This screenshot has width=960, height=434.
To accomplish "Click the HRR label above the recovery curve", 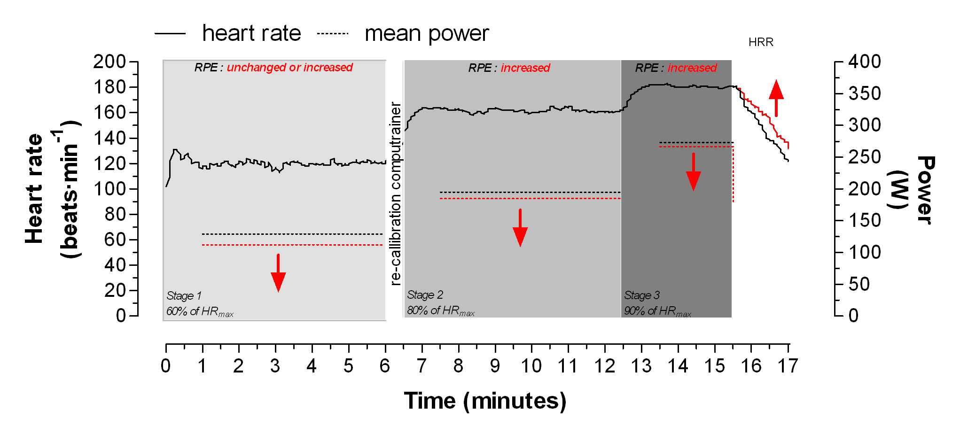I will click(760, 42).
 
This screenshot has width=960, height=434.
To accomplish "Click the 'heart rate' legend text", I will click(251, 33).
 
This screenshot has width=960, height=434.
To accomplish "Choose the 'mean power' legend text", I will click(427, 33).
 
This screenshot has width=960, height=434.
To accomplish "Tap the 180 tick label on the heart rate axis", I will click(109, 87).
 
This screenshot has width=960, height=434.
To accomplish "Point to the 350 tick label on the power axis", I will click(865, 93).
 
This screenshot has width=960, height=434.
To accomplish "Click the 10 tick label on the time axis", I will click(531, 366).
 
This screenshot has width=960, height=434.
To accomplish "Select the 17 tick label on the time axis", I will click(788, 366).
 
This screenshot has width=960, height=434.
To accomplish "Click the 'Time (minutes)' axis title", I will click(485, 401).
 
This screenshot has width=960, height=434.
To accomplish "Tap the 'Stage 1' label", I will click(184, 296).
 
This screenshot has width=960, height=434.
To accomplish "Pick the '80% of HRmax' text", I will click(440, 311).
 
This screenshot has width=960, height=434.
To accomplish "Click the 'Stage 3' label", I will click(642, 295).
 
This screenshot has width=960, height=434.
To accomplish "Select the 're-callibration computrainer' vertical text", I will click(396, 194).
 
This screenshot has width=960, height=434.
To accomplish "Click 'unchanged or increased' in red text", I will click(289, 68).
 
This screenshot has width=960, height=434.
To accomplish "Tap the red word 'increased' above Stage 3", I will click(692, 68).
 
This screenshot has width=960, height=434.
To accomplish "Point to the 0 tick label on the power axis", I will click(853, 316).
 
